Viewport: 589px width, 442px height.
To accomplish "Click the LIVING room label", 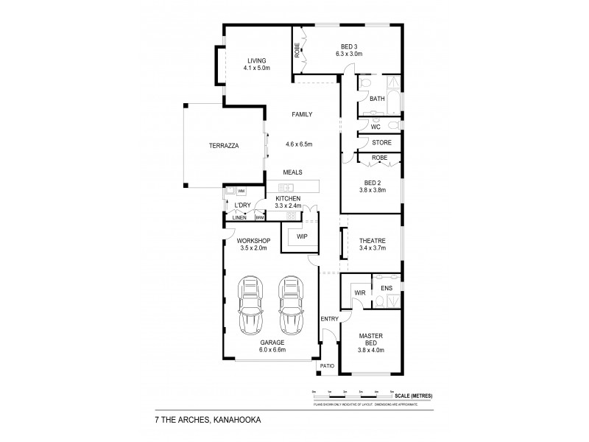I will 256,60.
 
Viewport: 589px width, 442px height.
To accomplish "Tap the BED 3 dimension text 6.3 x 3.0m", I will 349,54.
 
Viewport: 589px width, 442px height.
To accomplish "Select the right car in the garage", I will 291,304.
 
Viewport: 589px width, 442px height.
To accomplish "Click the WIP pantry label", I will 301,236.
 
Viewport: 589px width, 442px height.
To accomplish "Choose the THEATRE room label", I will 372,240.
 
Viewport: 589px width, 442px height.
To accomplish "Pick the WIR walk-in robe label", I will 360,292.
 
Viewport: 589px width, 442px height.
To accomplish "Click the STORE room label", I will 381,142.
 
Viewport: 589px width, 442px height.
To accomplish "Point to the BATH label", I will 377,99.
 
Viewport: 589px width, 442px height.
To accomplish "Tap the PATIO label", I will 326,365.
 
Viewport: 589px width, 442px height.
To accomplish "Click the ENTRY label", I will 328,318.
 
